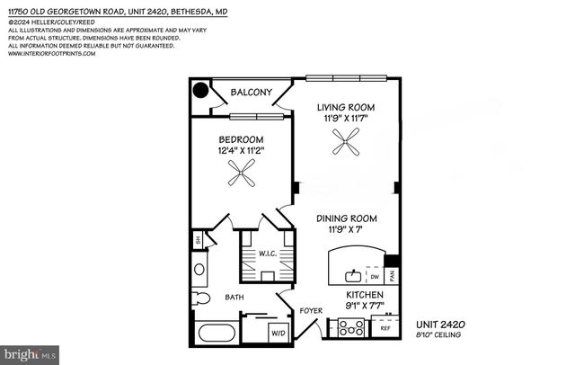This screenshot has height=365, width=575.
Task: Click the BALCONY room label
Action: tap(252, 93)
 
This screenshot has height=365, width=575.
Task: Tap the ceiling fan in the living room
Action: tap(346, 141)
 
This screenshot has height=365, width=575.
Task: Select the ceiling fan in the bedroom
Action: tap(241, 176)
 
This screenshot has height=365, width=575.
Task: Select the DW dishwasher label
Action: tap(373, 278)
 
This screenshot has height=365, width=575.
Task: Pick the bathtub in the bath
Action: tap(217, 333)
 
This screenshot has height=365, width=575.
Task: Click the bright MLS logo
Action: tap(30, 354)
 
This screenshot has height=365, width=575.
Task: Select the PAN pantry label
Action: tap(392, 278)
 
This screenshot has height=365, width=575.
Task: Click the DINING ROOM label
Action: tap(346, 218)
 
